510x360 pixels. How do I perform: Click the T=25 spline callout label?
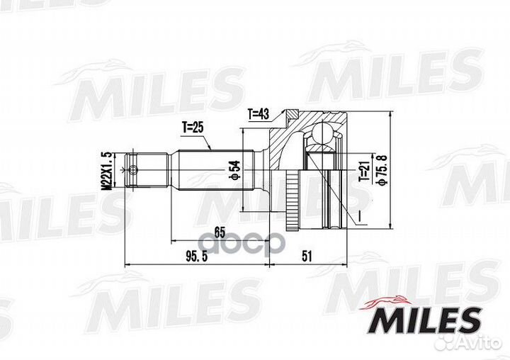click(x=193, y=128)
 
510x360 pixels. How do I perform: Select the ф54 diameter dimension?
click(x=234, y=171)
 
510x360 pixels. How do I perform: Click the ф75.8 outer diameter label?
click(x=382, y=171)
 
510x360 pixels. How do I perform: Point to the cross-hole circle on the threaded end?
click(x=134, y=170)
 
